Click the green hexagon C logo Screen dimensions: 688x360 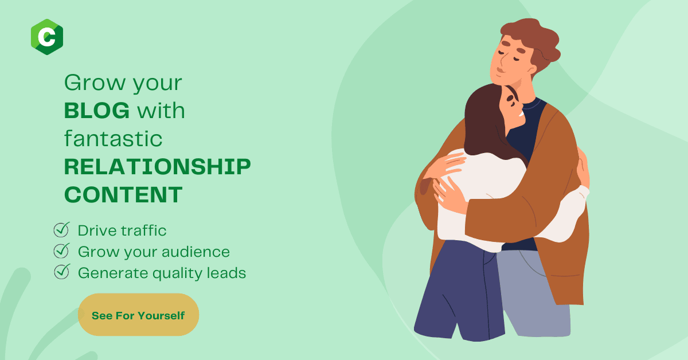(47, 37)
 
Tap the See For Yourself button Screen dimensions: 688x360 (139, 315)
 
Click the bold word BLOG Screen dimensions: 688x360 (97, 111)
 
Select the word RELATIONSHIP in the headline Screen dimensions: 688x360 (157, 167)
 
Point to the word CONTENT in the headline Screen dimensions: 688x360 (123, 195)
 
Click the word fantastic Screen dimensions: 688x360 (113, 139)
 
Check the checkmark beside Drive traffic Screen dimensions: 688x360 (61, 230)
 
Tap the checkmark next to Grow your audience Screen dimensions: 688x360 (61, 251)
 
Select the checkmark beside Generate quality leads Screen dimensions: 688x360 (61, 272)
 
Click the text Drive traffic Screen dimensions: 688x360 (122, 230)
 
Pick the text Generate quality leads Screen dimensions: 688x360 (162, 273)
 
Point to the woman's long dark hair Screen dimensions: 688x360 (485, 123)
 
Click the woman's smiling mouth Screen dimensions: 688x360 (521, 114)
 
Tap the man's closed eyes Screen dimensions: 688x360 (510, 56)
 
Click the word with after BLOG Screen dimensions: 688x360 (161, 111)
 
